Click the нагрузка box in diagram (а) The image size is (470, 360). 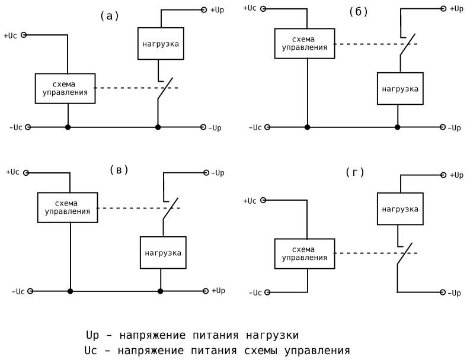click(x=161, y=43)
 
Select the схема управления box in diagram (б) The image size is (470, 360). click(x=304, y=43)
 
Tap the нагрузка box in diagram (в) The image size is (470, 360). click(x=163, y=253)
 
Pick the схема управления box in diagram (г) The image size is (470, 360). click(x=304, y=253)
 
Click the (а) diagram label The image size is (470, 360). click(x=110, y=17)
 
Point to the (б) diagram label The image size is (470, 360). click(x=359, y=12)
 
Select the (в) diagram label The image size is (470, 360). click(x=119, y=171)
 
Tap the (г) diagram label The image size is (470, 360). click(x=354, y=172)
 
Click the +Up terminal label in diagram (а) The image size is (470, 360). click(x=217, y=10)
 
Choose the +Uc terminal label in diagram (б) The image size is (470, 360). click(x=250, y=8)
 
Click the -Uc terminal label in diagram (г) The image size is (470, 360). click(x=255, y=292)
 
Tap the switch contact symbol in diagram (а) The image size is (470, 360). click(x=164, y=89)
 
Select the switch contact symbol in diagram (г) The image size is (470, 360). click(x=405, y=255)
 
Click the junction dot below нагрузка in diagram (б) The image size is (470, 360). click(x=397, y=127)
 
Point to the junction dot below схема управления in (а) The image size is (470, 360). click(x=68, y=127)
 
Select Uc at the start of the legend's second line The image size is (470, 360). click(x=91, y=351)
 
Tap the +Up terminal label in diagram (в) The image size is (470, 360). click(x=217, y=291)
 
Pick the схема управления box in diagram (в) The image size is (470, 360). click(x=68, y=207)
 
